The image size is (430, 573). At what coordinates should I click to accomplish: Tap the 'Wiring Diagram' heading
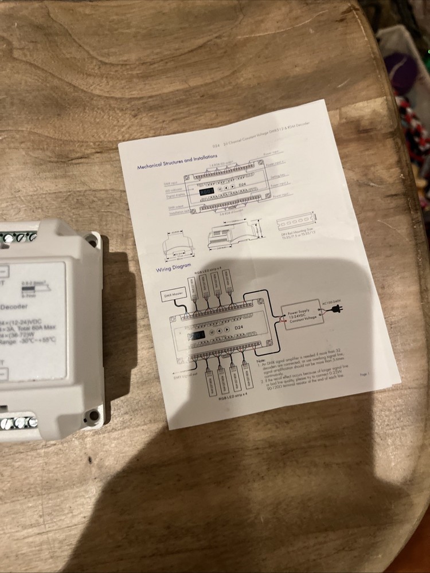pyautogui.click(x=173, y=269)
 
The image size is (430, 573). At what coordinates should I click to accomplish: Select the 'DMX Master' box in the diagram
pyautogui.click(x=173, y=296)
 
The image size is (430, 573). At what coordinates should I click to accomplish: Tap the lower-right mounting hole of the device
pyautogui.click(x=90, y=414)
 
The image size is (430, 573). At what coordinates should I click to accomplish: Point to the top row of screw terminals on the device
pyautogui.click(x=17, y=237)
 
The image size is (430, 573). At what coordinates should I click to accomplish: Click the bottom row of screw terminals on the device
pyautogui.click(x=17, y=423)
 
